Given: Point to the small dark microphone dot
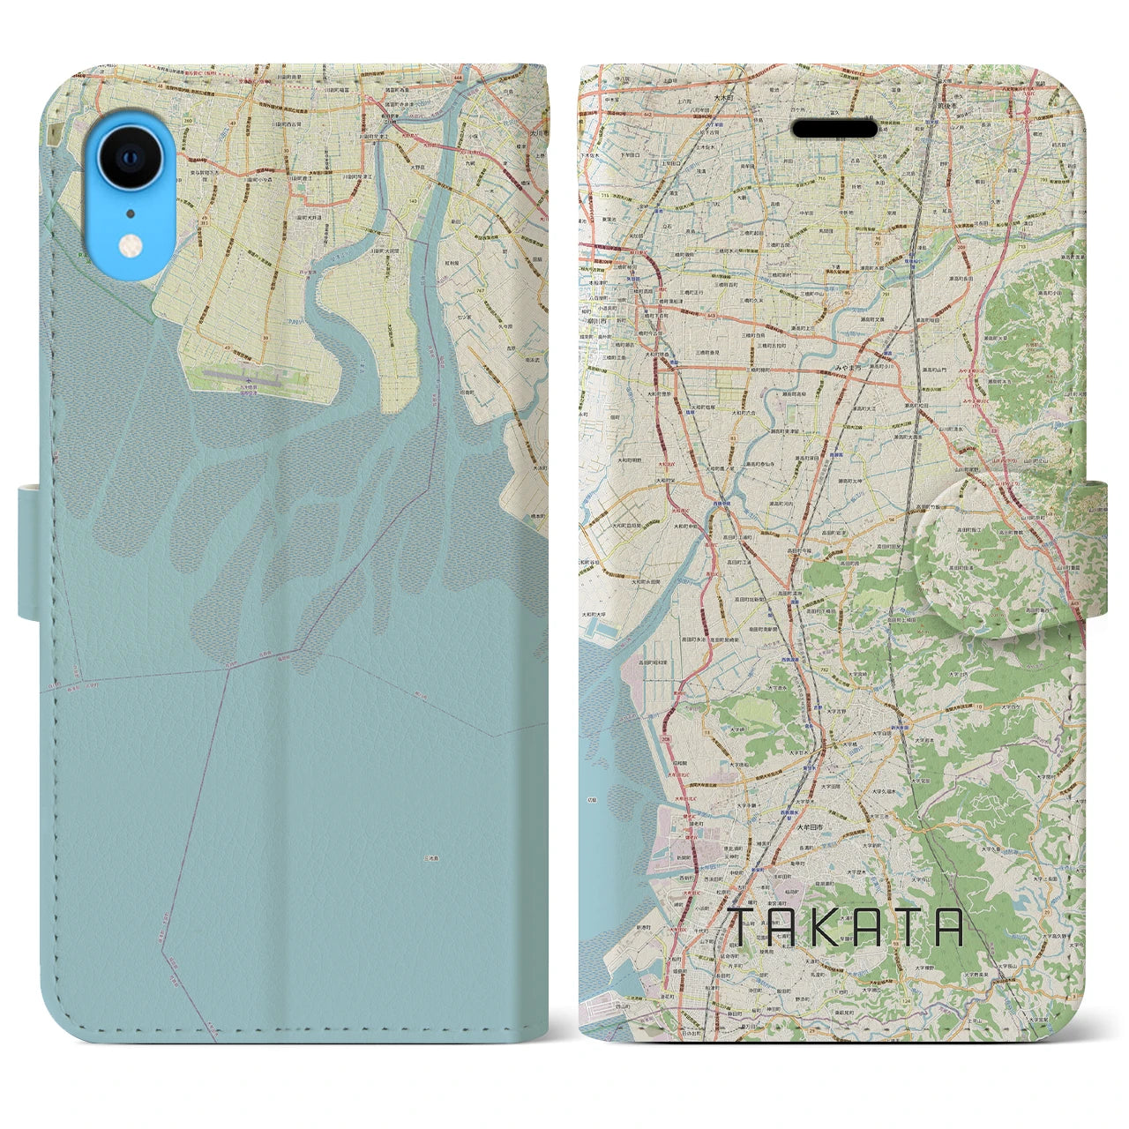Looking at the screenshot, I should coord(131,213).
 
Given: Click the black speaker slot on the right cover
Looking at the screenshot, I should coord(834,129).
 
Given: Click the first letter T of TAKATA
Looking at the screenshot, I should coord(743,929).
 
